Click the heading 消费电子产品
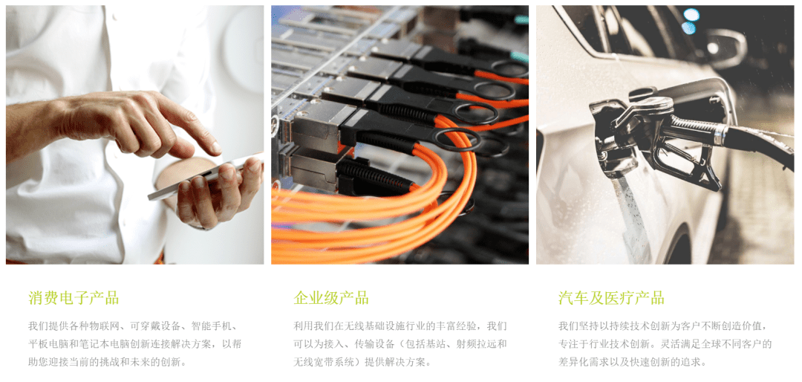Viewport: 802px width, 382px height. pos(74,297)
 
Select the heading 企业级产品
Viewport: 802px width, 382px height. pos(331,297)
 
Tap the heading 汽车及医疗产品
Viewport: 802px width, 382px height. pos(611,297)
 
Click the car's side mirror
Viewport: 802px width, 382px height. pos(726,48)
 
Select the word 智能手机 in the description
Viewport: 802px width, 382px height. pos(212,326)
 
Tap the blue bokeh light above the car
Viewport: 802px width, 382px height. pos(691,15)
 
